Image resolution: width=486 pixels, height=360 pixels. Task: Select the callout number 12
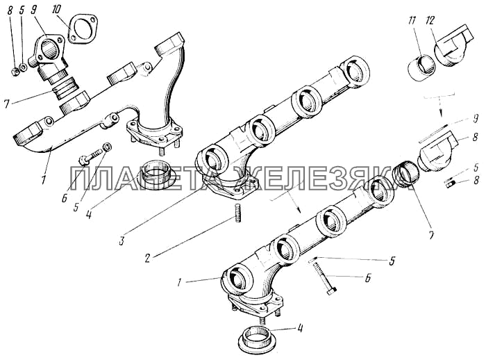pos(430,22)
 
